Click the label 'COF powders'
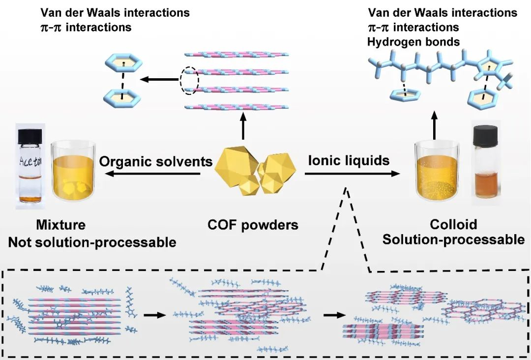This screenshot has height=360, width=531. click(x=253, y=225)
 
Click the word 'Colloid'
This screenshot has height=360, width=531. click(x=453, y=225)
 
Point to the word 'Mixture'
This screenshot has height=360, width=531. click(x=60, y=225)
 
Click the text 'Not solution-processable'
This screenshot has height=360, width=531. click(x=92, y=242)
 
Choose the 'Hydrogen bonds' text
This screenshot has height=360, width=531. click(x=413, y=42)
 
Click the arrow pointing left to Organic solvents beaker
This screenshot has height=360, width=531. click(x=157, y=173)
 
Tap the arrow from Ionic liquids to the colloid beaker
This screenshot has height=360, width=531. click(x=352, y=173)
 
